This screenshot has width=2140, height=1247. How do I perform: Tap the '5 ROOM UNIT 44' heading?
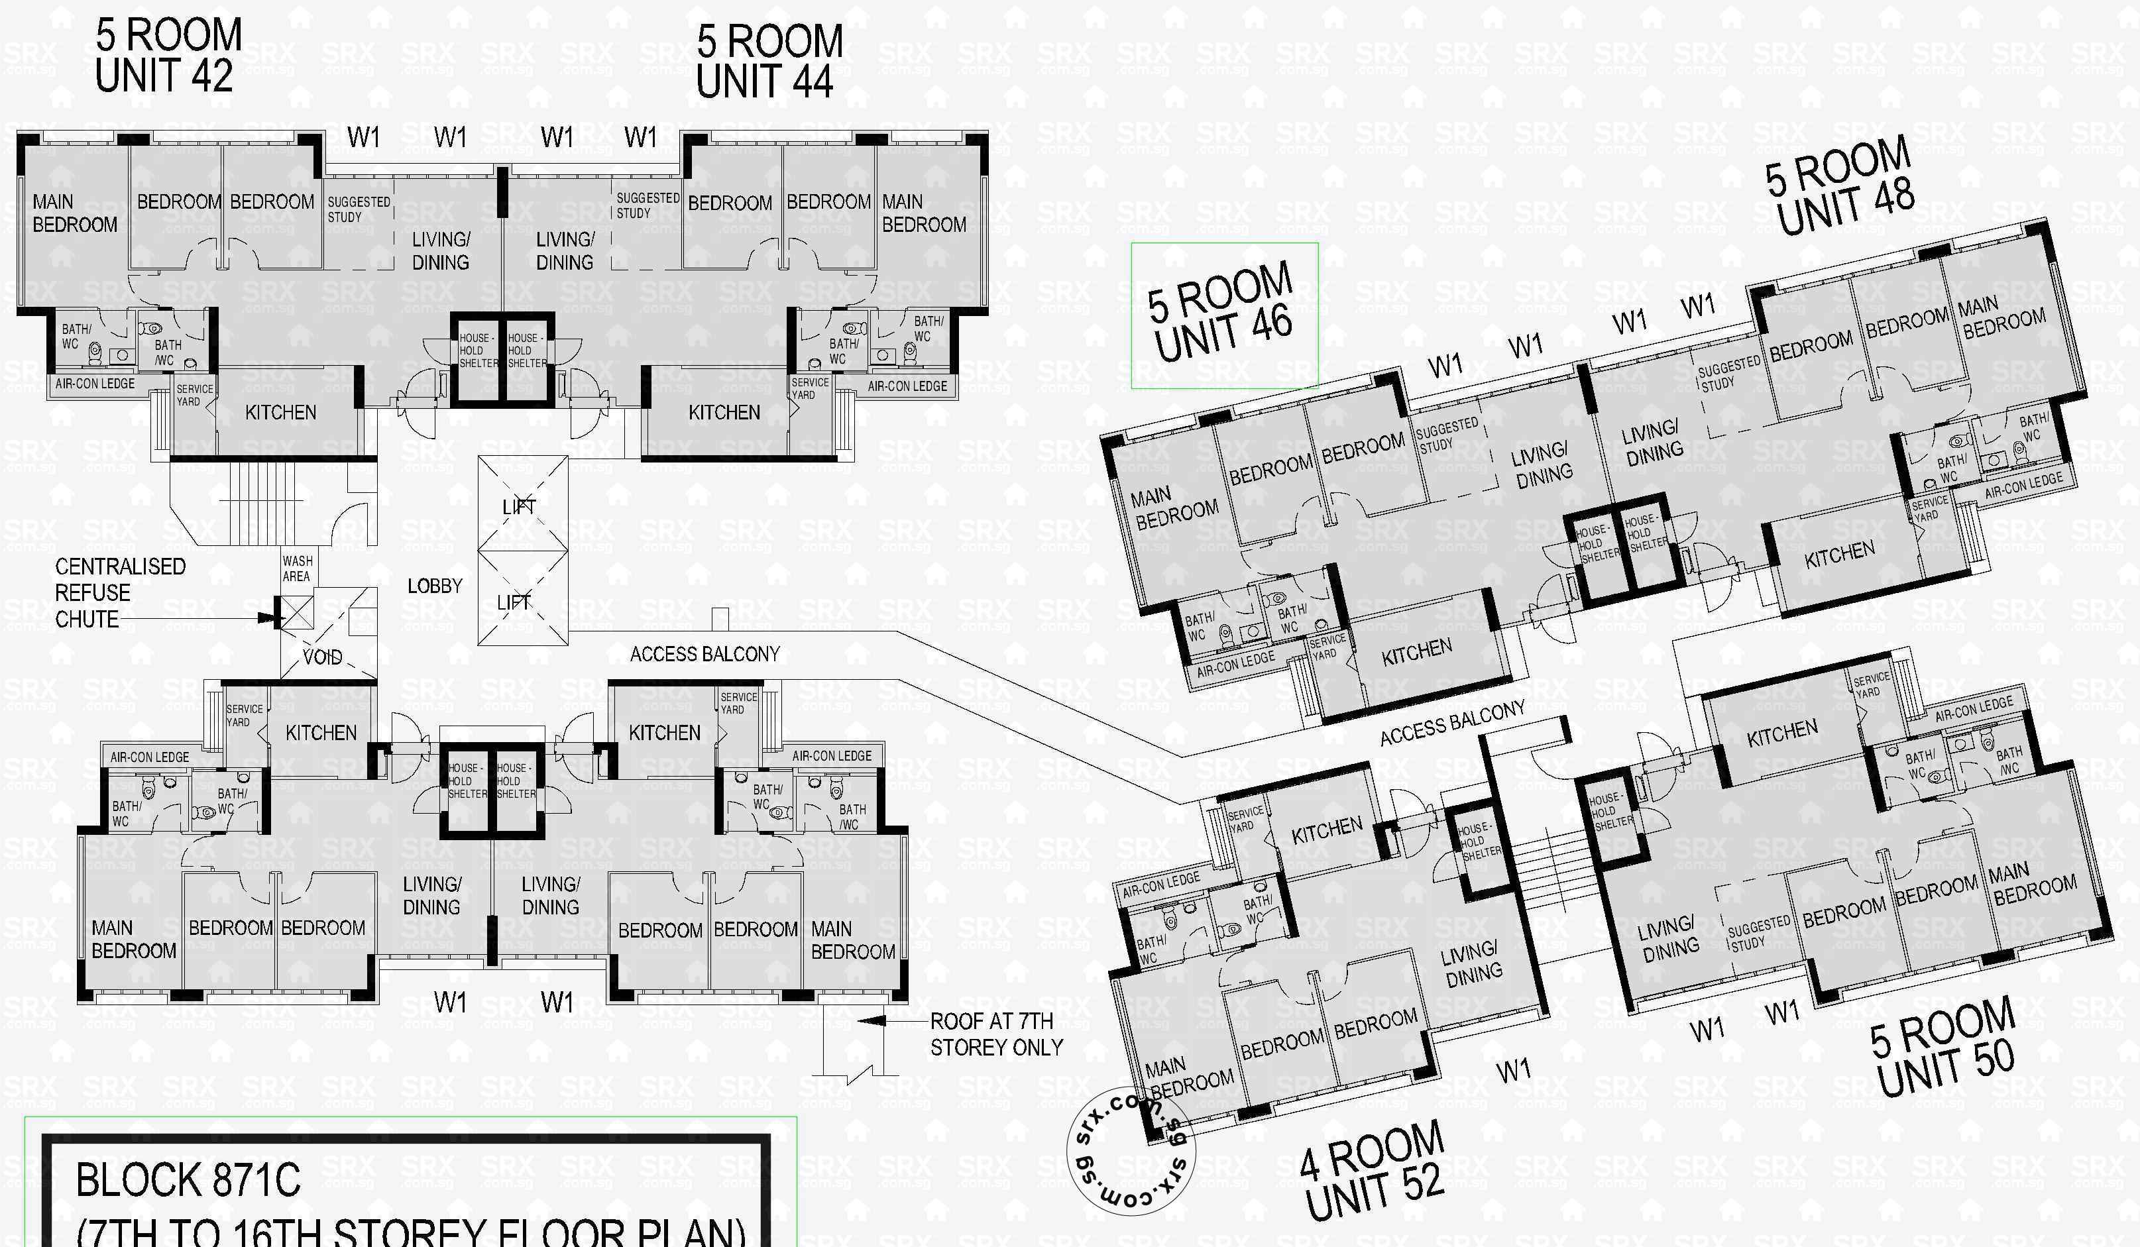pyautogui.click(x=769, y=61)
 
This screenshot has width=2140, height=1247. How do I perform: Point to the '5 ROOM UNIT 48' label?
pyautogui.click(x=1841, y=186)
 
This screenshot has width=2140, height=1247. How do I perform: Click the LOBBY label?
pyautogui.click(x=435, y=586)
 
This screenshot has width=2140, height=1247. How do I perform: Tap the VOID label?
pyautogui.click(x=323, y=657)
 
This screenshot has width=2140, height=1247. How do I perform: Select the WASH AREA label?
pyautogui.click(x=297, y=569)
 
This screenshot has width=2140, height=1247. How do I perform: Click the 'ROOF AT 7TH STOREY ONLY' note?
pyautogui.click(x=995, y=1034)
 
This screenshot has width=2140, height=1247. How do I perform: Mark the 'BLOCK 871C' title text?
pyautogui.click(x=188, y=1180)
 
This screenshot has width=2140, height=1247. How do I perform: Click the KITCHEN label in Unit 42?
pyautogui.click(x=280, y=413)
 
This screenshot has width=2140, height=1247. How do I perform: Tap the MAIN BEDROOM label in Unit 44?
pyautogui.click(x=923, y=213)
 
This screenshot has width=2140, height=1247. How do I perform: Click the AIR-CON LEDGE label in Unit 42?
pyautogui.click(x=95, y=384)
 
